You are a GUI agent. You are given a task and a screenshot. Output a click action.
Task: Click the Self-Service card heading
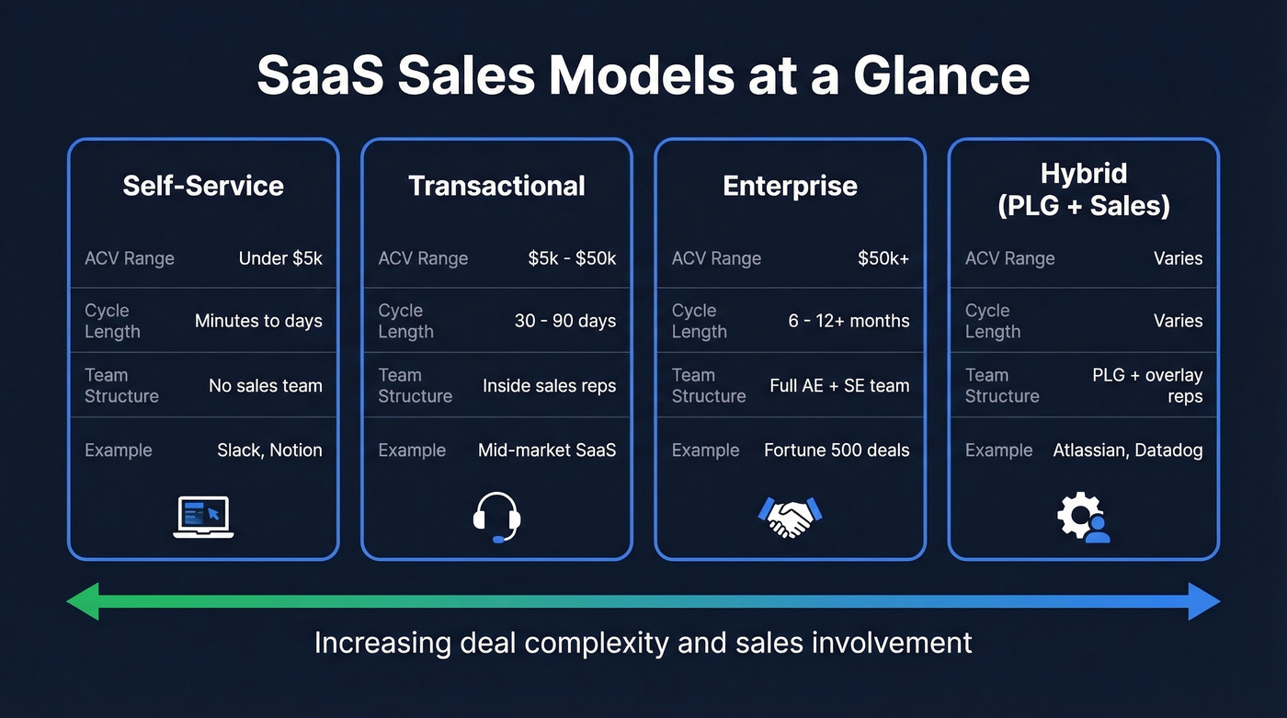click(203, 186)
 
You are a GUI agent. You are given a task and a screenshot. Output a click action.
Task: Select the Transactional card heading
click(496, 186)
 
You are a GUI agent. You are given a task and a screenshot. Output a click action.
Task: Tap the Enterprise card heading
click(790, 186)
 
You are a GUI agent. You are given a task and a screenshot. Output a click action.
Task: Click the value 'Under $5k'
click(280, 258)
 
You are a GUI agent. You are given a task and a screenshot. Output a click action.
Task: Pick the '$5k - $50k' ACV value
click(572, 258)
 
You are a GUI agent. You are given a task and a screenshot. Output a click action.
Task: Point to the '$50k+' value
click(883, 258)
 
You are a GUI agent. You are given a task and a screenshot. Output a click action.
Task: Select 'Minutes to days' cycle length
click(258, 321)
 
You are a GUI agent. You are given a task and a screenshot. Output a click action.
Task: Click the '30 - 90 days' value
click(565, 321)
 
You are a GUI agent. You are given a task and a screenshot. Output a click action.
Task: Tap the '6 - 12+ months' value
click(849, 321)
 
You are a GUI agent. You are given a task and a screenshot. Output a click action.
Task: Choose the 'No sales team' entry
click(266, 385)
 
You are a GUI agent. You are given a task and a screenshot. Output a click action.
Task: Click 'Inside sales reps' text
click(550, 385)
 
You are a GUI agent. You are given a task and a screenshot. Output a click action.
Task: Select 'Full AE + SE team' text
click(839, 385)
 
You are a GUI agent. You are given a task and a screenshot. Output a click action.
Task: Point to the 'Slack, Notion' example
click(269, 450)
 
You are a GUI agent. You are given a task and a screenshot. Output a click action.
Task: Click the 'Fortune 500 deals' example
click(837, 450)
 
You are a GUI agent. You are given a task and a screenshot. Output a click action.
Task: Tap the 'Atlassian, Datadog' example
click(1128, 450)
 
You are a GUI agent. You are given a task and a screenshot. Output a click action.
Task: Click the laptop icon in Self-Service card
click(203, 517)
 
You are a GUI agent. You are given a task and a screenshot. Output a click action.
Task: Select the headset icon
click(496, 517)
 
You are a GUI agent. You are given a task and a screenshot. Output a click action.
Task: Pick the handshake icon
click(790, 517)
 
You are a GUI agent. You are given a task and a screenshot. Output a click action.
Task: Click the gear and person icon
click(1083, 517)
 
